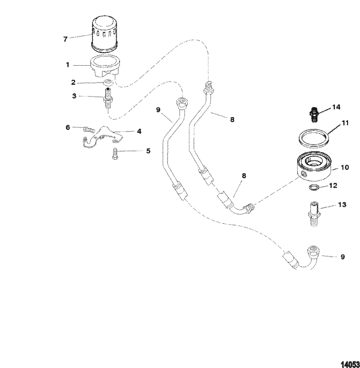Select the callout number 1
pos(68,65)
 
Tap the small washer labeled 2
pos(108,83)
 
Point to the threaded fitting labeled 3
pos(108,98)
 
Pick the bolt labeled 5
pos(116,154)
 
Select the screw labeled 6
pos(89,129)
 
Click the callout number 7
pos(65,39)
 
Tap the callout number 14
pos(336,107)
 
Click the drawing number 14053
pos(350,365)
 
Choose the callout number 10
pos(345,167)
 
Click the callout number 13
pos(342,205)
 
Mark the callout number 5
pos(148,151)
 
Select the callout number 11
pos(345,123)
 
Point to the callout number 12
pos(333,186)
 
